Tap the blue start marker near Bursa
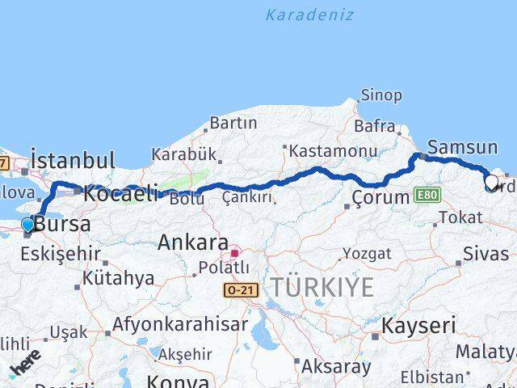click(x=28, y=225)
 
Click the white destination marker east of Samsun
click(x=491, y=182)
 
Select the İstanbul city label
click(x=73, y=159)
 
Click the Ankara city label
click(x=192, y=242)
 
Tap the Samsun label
click(x=462, y=147)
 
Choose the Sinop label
click(x=381, y=95)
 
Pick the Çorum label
click(x=381, y=197)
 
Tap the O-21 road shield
click(x=242, y=289)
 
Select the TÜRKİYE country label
click(x=322, y=287)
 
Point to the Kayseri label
click(x=418, y=326)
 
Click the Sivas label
click(x=485, y=254)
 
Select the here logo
click(x=24, y=365)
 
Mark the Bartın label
click(x=233, y=123)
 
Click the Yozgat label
click(x=366, y=254)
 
